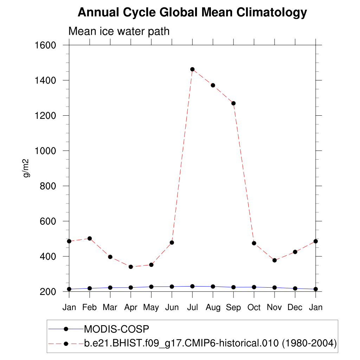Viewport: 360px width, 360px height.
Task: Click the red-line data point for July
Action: pos(192,69)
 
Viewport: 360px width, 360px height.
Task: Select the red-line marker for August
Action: pos(213,85)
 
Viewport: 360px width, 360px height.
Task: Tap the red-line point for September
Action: pos(233,103)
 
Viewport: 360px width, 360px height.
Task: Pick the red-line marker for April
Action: pos(131,267)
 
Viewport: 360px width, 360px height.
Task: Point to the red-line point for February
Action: pos(90,238)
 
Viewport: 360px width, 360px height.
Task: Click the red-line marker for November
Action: pos(275,261)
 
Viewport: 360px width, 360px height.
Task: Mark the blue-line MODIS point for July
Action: pos(192,286)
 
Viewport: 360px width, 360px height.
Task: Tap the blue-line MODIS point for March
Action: pos(110,288)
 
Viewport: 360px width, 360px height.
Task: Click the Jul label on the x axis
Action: pos(192,308)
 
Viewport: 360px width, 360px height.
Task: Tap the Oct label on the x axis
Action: pos(254,308)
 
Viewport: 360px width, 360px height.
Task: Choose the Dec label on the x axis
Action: pos(295,308)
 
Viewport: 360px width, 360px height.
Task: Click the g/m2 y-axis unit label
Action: pos(26,168)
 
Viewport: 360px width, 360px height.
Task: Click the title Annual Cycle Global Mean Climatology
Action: pos(192,13)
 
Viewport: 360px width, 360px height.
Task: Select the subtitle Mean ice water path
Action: pos(119,31)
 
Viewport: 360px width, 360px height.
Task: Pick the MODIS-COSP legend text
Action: pos(117,329)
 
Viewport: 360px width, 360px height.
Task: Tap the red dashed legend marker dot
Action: pos(66,343)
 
